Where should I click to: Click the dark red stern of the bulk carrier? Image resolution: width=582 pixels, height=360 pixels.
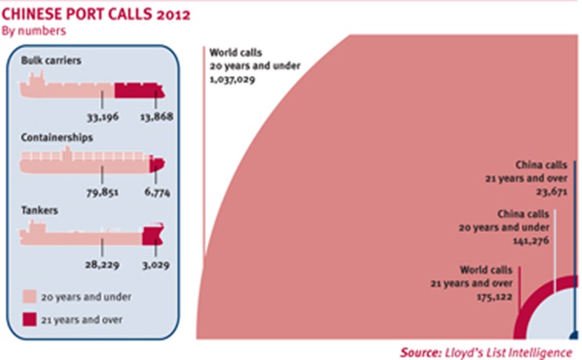pyautogui.click(x=139, y=91)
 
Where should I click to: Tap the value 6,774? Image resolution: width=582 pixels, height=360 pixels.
pyautogui.click(x=153, y=194)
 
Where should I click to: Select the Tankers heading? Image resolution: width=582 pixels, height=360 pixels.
pyautogui.click(x=38, y=211)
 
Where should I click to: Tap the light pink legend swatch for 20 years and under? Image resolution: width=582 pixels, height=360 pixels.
pyautogui.click(x=30, y=297)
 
